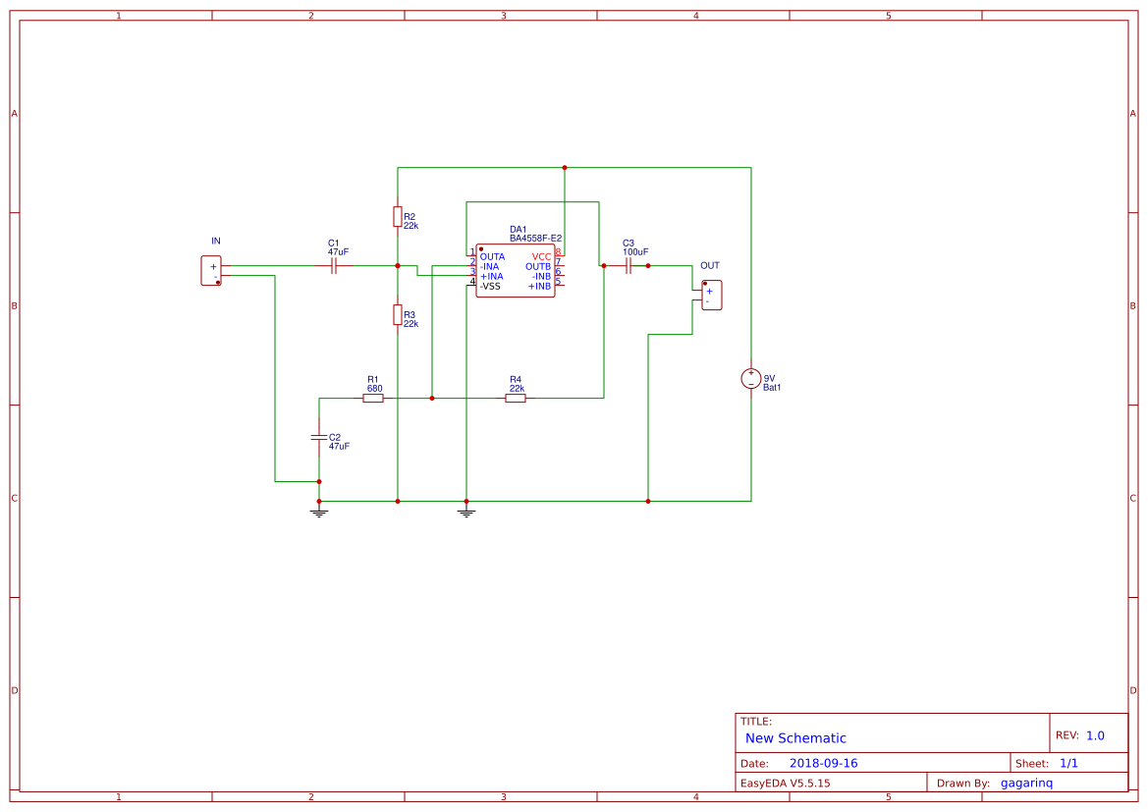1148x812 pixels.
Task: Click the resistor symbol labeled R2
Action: point(397,216)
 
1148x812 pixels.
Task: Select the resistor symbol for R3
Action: point(397,314)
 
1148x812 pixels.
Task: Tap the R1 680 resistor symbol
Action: point(373,398)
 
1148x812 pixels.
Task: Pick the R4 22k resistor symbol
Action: point(516,398)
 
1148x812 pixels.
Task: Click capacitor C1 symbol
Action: point(334,265)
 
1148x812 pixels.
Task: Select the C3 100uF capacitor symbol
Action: point(628,265)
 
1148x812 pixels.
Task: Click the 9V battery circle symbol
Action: point(750,379)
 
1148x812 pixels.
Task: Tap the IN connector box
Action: point(211,271)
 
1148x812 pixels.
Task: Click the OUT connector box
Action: point(712,296)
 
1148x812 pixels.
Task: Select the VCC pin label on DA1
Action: point(542,256)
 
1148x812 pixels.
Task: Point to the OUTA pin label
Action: point(492,256)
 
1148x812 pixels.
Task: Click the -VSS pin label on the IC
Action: point(490,286)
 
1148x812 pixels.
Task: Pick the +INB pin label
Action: point(539,286)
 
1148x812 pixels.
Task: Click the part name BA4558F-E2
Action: point(535,238)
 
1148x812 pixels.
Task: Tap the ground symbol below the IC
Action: point(466,512)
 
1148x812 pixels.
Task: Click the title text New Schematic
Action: point(795,738)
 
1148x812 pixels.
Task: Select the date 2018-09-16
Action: point(823,763)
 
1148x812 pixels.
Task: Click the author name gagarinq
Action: point(1026,784)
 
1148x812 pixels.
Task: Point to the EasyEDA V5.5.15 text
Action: point(785,784)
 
